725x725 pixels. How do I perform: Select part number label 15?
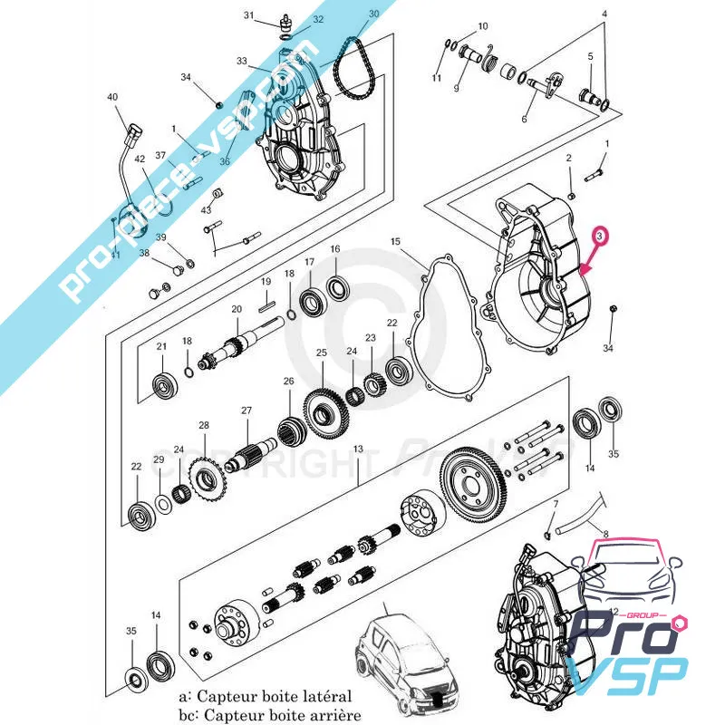click(395, 242)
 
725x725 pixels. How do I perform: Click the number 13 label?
click(358, 449)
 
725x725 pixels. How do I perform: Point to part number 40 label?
click(112, 97)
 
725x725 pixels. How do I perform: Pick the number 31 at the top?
click(249, 16)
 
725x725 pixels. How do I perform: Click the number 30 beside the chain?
click(373, 14)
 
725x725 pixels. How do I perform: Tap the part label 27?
click(246, 411)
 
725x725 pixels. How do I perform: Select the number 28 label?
click(203, 425)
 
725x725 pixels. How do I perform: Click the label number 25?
click(321, 353)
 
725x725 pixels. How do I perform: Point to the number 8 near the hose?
click(605, 536)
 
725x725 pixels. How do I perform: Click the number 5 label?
click(590, 56)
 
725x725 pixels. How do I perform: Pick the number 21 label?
click(161, 347)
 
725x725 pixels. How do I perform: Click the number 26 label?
click(288, 381)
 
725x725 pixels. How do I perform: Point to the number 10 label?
click(482, 26)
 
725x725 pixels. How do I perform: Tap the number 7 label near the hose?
click(556, 503)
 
